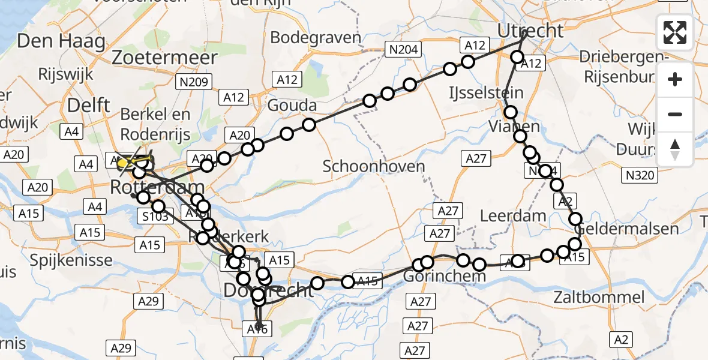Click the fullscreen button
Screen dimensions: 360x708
(x=675, y=32)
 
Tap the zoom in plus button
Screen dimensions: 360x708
(x=675, y=79)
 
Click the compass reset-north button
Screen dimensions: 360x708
(x=675, y=149)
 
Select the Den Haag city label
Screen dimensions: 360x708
(x=61, y=41)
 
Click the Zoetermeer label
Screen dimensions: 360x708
(x=164, y=58)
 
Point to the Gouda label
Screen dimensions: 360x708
(x=292, y=106)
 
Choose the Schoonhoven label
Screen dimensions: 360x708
(x=374, y=166)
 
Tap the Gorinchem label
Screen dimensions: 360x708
(x=436, y=277)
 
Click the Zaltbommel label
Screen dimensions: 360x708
(x=599, y=297)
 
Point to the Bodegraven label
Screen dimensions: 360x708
(x=316, y=37)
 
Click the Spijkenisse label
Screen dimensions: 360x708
(x=73, y=260)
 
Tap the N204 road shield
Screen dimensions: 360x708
(x=404, y=50)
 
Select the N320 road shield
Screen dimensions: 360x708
(x=640, y=175)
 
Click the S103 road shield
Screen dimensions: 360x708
(x=156, y=217)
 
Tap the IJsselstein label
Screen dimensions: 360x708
(x=486, y=92)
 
